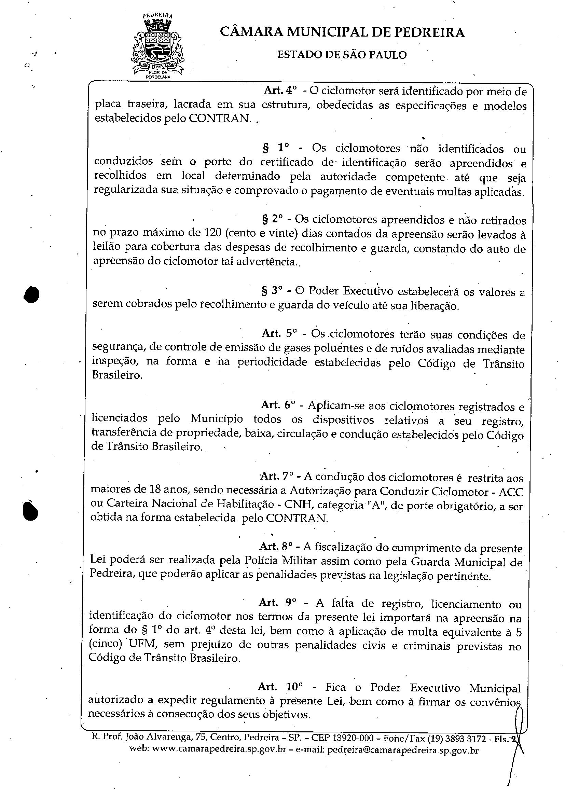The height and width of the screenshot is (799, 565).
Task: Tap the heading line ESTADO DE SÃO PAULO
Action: [342, 55]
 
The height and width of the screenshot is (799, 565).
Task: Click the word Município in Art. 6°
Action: [216, 418]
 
